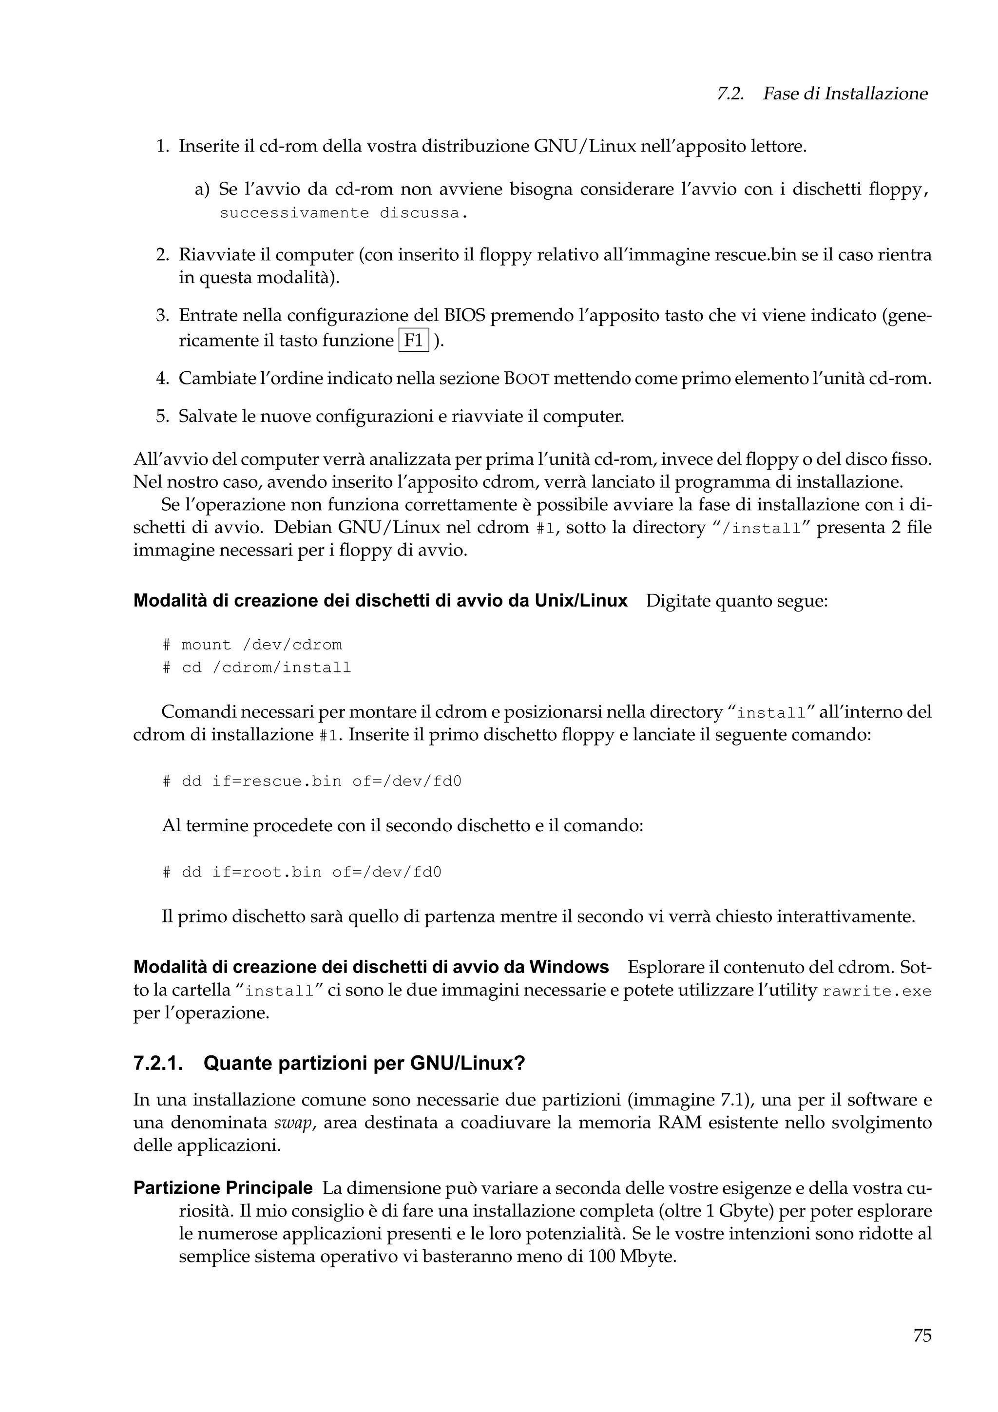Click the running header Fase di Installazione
(x=844, y=94)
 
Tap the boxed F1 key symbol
(x=414, y=341)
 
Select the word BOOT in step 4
(x=526, y=379)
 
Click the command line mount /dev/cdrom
(x=252, y=645)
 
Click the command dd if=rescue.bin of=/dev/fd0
(x=312, y=781)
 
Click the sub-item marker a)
(x=202, y=190)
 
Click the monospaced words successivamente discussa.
(x=340, y=213)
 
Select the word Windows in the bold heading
(x=569, y=967)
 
